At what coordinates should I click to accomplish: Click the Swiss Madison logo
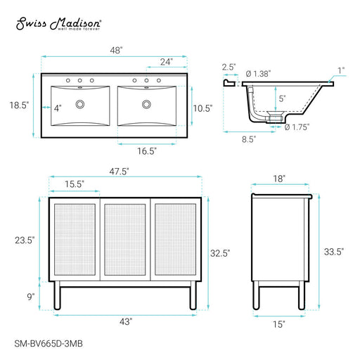click(x=58, y=24)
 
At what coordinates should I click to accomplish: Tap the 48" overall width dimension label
click(x=116, y=50)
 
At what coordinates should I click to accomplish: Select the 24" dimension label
click(x=167, y=62)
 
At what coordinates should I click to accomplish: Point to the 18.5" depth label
click(x=19, y=105)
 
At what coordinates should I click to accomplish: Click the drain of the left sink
click(x=80, y=104)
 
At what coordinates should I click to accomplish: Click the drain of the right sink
click(x=146, y=104)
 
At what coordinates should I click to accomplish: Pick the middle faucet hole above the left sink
click(x=80, y=80)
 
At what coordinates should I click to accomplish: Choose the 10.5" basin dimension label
click(x=202, y=108)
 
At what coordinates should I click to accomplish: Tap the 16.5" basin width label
click(x=147, y=151)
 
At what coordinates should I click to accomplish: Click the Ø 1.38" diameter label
click(x=259, y=74)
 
